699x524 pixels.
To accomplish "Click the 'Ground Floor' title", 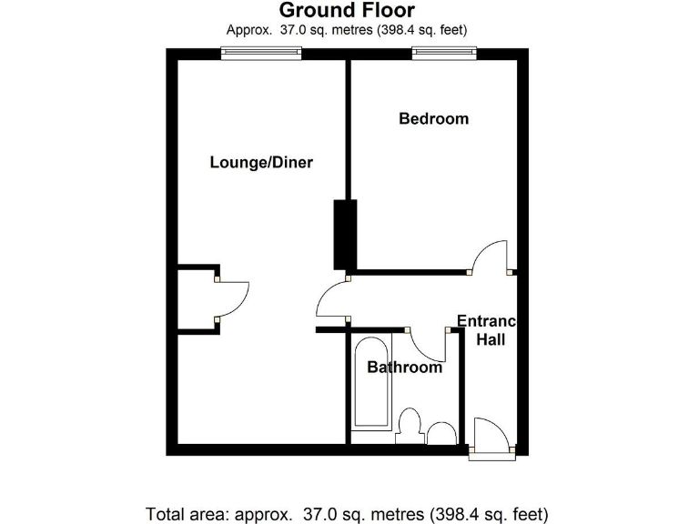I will [x=346, y=11].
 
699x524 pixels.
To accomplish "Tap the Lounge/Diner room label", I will [x=261, y=163].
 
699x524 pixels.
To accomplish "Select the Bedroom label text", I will [x=434, y=118].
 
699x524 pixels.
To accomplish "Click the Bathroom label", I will [x=404, y=368].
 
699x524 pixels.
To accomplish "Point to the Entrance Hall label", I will [x=487, y=330].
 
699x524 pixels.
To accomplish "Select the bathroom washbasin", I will [x=442, y=433].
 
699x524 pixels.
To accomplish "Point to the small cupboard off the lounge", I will [x=197, y=300].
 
